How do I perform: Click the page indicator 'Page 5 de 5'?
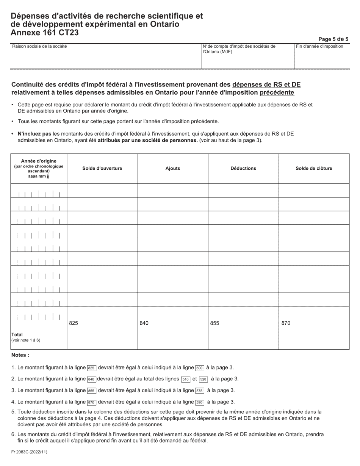pyautogui.click(x=333, y=39)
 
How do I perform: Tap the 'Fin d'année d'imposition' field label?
pyautogui.click(x=320, y=47)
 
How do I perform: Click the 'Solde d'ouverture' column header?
pyautogui.click(x=102, y=169)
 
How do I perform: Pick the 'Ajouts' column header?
pyautogui.click(x=173, y=169)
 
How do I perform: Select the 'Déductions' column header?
pyautogui.click(x=243, y=169)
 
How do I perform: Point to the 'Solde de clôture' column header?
pyautogui.click(x=314, y=169)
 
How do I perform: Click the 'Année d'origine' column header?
pyautogui.click(x=39, y=161)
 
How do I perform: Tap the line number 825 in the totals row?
pyautogui.click(x=74, y=324)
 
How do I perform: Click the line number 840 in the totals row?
pyautogui.click(x=144, y=324)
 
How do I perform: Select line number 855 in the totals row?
pyautogui.click(x=214, y=324)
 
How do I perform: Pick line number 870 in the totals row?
pyautogui.click(x=285, y=324)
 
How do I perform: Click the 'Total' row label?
pyautogui.click(x=17, y=335)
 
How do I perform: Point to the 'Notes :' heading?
pyautogui.click(x=20, y=355)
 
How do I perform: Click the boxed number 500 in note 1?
pyautogui.click(x=200, y=368)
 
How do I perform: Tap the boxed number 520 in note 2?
pyautogui.click(x=203, y=379)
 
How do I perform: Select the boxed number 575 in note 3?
pyautogui.click(x=200, y=391)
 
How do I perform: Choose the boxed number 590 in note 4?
pyautogui.click(x=200, y=402)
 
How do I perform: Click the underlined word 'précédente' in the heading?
pyautogui.click(x=277, y=92)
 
